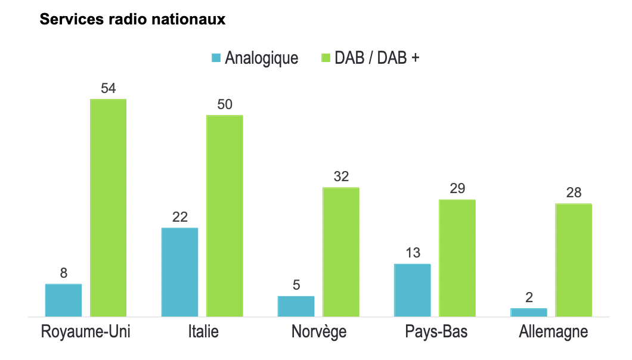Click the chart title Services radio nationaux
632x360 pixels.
[132, 20]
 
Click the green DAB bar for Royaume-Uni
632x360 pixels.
[108, 207]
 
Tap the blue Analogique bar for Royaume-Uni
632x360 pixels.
[63, 300]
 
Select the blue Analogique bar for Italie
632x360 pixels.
[180, 272]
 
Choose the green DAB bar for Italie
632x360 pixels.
[225, 215]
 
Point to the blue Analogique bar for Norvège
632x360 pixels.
[296, 306]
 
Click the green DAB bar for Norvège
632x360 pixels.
[341, 252]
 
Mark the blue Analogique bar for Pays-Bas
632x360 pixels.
[412, 290]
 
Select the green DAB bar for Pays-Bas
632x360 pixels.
[457, 257]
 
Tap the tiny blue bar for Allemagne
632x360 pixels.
[529, 312]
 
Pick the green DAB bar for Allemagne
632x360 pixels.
[574, 260]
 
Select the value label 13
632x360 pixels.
[413, 253]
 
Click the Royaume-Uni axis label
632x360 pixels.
[86, 331]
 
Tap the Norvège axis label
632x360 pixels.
[319, 331]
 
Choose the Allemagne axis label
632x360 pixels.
[553, 331]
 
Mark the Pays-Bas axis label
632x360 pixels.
[436, 331]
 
